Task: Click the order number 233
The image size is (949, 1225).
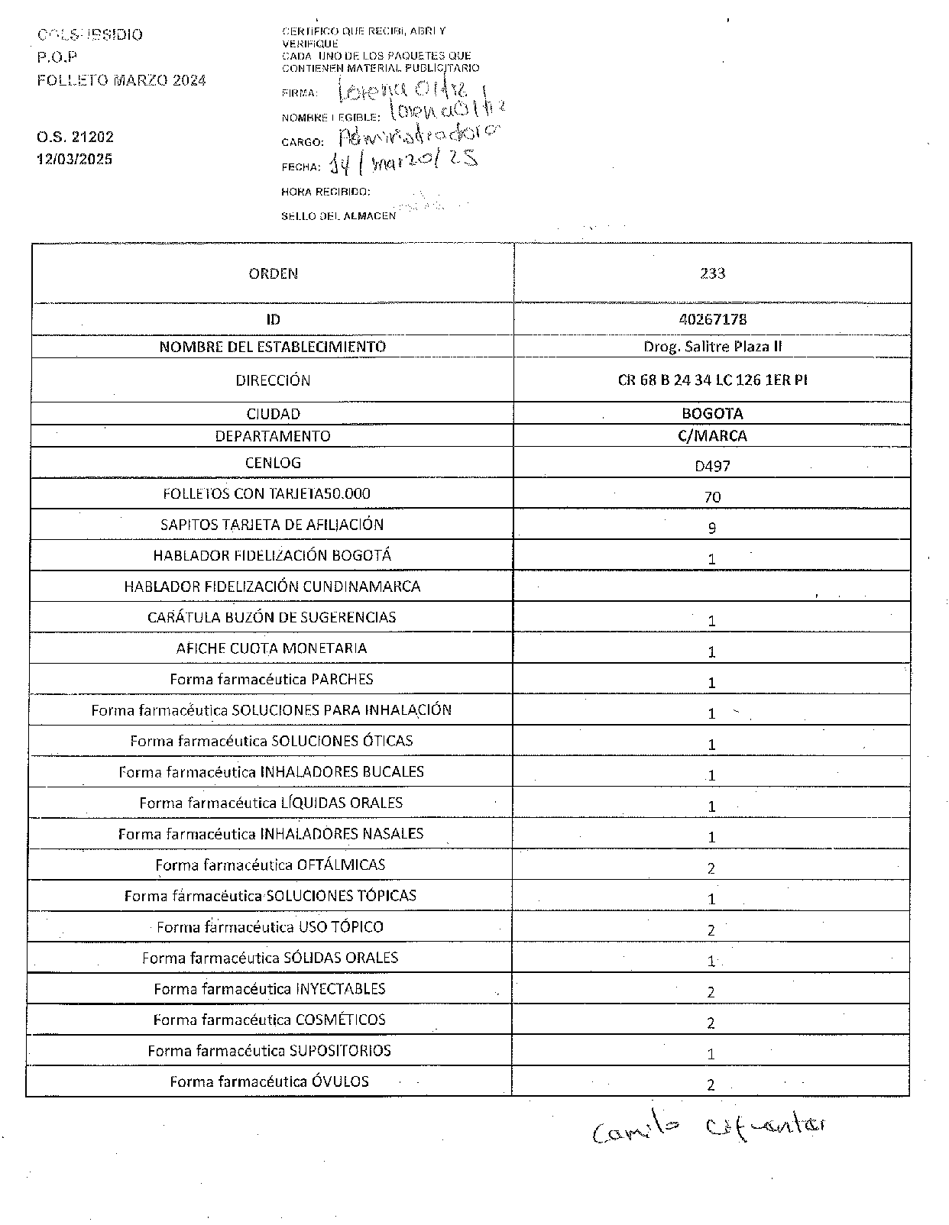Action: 712,273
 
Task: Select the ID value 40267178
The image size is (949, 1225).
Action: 712,319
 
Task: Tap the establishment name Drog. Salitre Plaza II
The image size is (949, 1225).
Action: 712,347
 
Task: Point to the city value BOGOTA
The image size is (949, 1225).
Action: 712,414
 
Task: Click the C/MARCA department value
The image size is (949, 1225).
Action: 712,436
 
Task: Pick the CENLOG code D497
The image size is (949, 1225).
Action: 712,465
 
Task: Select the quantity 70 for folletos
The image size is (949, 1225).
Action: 712,497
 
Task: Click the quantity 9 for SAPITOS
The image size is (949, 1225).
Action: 712,528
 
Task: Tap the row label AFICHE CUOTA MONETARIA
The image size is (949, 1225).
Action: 271,648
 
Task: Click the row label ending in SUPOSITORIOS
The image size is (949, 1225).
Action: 269,1051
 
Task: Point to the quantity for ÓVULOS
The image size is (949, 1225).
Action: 711,1085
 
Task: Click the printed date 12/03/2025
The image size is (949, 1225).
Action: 75,160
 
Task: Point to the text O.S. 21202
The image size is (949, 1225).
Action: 75,137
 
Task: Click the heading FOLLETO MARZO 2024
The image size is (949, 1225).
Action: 121,80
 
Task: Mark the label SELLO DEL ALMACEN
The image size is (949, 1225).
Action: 338,216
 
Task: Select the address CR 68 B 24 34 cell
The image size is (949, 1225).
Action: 712,380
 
